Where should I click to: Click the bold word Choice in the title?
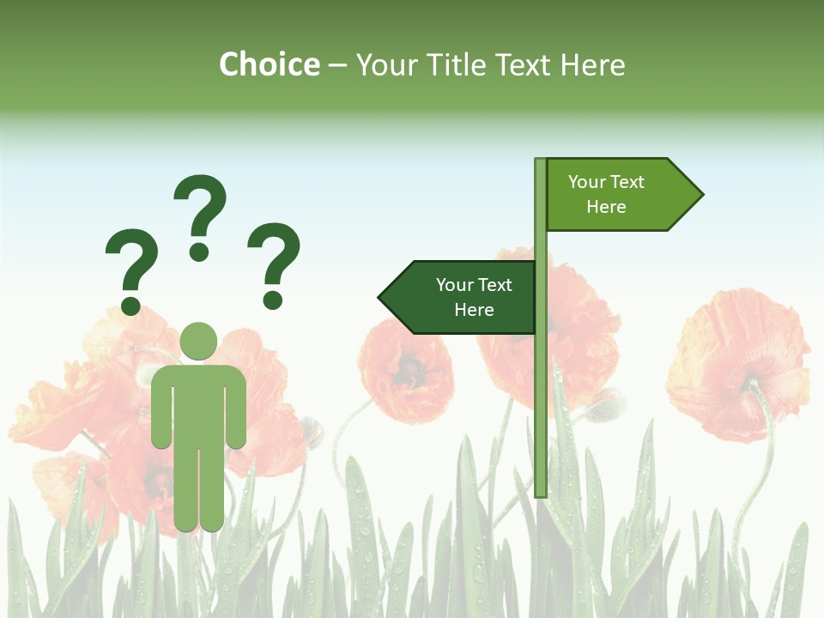(x=269, y=64)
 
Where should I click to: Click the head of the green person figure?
(x=198, y=341)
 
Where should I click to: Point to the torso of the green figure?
(x=198, y=403)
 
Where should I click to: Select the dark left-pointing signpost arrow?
(x=459, y=298)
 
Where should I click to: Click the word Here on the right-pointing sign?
(x=606, y=207)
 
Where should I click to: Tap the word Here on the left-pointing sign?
(x=474, y=310)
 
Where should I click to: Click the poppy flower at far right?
(x=738, y=365)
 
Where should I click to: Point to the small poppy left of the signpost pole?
(x=405, y=369)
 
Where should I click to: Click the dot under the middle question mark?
(x=199, y=251)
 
